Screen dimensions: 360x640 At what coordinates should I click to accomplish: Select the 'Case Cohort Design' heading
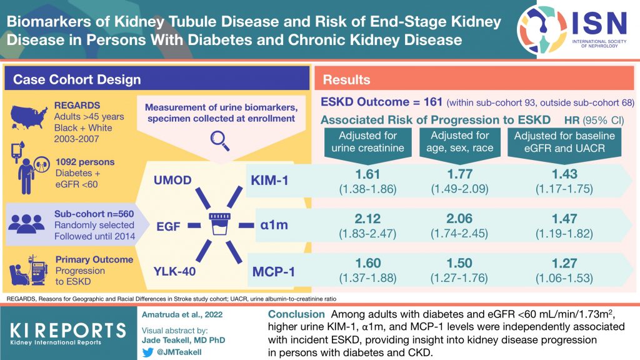tap(77, 80)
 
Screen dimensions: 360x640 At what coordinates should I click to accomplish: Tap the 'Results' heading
tap(347, 80)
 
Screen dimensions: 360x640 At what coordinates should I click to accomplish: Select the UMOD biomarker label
tap(172, 181)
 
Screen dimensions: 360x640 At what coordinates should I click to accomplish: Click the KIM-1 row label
tap(271, 181)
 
